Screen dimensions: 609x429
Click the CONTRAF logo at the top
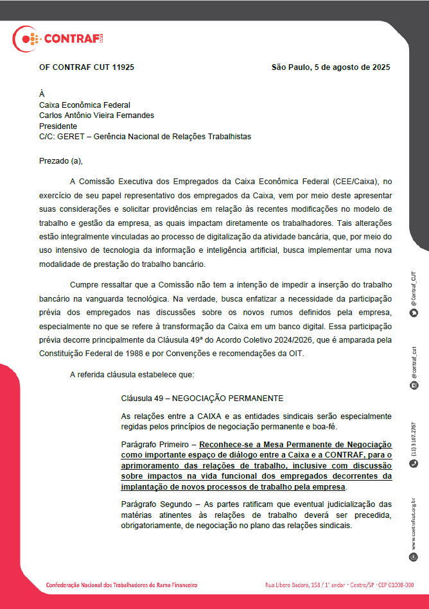58,40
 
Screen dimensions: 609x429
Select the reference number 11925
123,67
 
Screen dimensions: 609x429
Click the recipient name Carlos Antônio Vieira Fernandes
96,116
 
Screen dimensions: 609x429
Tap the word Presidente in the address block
58,126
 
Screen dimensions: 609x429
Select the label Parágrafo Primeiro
157,444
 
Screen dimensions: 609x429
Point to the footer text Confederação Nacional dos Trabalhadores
122,585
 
